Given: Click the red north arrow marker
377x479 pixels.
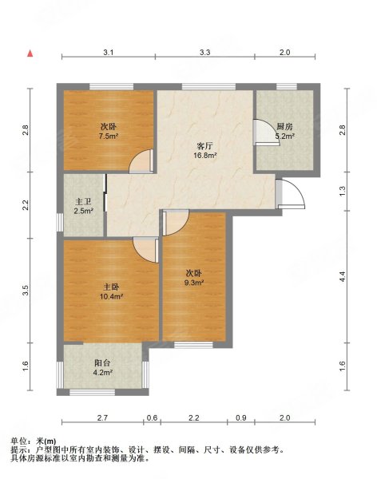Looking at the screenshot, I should click(30, 53).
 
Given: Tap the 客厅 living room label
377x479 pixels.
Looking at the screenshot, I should click(204, 146).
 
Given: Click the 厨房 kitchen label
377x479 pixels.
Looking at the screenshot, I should click(284, 126).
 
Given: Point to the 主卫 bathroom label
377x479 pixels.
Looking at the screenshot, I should click(83, 201).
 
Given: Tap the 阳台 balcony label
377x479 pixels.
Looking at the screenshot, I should click(103, 362).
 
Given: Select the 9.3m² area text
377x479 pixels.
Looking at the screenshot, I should click(194, 283).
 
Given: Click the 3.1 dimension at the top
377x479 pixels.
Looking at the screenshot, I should click(108, 53).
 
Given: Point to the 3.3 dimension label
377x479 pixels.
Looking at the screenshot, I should click(204, 53).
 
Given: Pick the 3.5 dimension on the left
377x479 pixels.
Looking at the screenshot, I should click(26, 290).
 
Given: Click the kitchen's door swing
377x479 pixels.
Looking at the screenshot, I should click(263, 132).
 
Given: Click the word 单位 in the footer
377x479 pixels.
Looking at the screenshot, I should click(19, 441).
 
